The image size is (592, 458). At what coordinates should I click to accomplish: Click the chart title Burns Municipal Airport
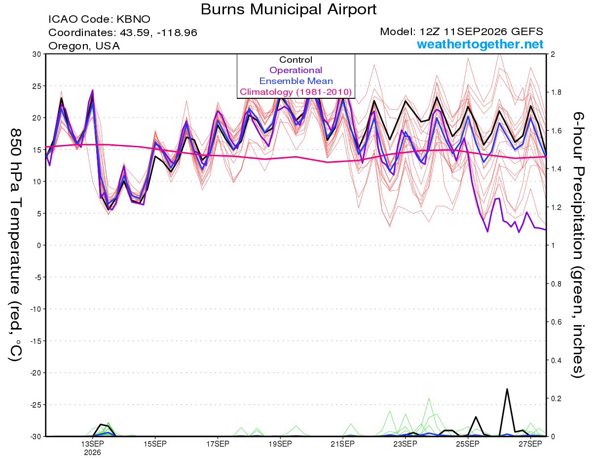(x=289, y=9)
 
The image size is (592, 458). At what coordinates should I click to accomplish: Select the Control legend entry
(x=296, y=60)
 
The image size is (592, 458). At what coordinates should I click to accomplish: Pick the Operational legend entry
(x=296, y=70)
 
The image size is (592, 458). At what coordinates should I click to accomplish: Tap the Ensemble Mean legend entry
(x=296, y=81)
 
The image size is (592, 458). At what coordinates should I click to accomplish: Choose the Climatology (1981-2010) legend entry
(x=296, y=92)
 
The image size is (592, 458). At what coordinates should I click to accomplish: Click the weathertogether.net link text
(x=480, y=44)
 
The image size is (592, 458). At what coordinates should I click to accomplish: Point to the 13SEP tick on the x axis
(x=92, y=444)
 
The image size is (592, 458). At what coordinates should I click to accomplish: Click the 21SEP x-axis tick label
(x=343, y=444)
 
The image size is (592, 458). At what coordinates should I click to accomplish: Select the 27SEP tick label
(x=530, y=444)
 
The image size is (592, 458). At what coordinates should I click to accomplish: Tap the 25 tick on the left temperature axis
(x=37, y=86)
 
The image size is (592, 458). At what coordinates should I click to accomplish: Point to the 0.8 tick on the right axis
(x=555, y=284)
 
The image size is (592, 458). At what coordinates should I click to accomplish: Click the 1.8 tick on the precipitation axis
(x=555, y=92)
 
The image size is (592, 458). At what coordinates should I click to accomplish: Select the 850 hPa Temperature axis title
(x=15, y=245)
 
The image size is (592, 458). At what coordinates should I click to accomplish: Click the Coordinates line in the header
(x=123, y=33)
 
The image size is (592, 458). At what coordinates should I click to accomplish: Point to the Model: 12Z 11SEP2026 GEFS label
(x=461, y=32)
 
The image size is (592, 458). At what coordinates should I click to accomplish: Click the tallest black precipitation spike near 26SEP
(x=507, y=389)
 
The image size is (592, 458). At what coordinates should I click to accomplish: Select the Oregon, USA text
(x=84, y=46)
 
